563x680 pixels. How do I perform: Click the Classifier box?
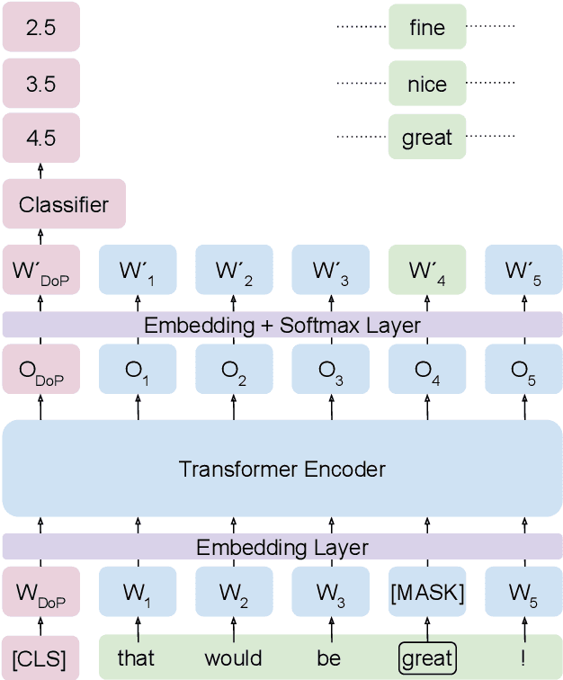(64, 204)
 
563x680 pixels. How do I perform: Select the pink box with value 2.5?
(40, 27)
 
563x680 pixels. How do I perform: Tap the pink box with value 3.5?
(40, 85)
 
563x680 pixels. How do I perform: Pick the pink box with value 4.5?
(40, 139)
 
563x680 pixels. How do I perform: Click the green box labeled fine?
(427, 27)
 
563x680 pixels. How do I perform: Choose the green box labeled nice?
(427, 85)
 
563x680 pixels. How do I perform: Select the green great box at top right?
(427, 139)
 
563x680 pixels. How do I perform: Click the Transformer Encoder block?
(281, 469)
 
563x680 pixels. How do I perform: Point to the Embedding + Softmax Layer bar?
(281, 325)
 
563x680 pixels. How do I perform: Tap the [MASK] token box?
(427, 594)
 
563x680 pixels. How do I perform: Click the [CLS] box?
(40, 658)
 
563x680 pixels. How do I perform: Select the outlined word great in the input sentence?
(427, 658)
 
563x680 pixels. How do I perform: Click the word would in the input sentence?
(233, 658)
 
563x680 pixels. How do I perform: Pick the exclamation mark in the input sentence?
(523, 658)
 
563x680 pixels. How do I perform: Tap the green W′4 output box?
(427, 270)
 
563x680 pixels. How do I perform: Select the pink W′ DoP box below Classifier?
(40, 270)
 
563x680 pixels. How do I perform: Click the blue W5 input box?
(523, 594)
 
